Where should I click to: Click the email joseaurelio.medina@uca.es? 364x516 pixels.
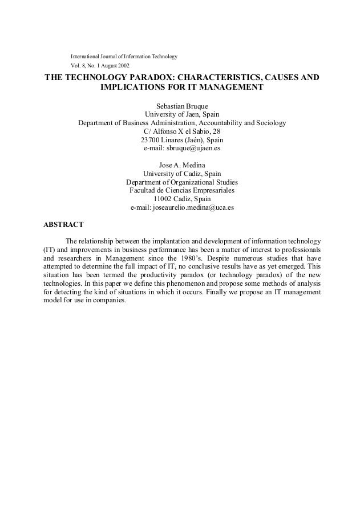coord(182,207)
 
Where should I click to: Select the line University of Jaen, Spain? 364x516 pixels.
coord(182,114)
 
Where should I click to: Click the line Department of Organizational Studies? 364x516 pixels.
coord(182,182)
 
